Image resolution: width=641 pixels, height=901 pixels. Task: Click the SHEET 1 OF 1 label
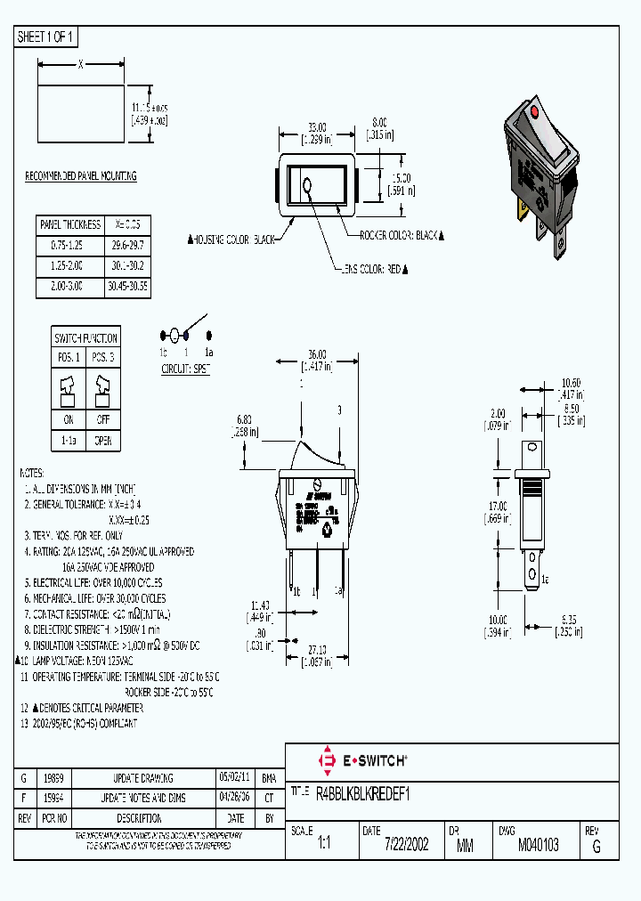(x=47, y=37)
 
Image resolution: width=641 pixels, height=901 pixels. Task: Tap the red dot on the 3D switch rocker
(x=535, y=114)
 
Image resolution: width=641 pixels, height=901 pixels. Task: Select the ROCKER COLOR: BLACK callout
(x=402, y=235)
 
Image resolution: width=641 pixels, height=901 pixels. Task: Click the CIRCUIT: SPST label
(x=185, y=369)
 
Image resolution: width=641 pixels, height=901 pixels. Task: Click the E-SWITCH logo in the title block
(x=362, y=760)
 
